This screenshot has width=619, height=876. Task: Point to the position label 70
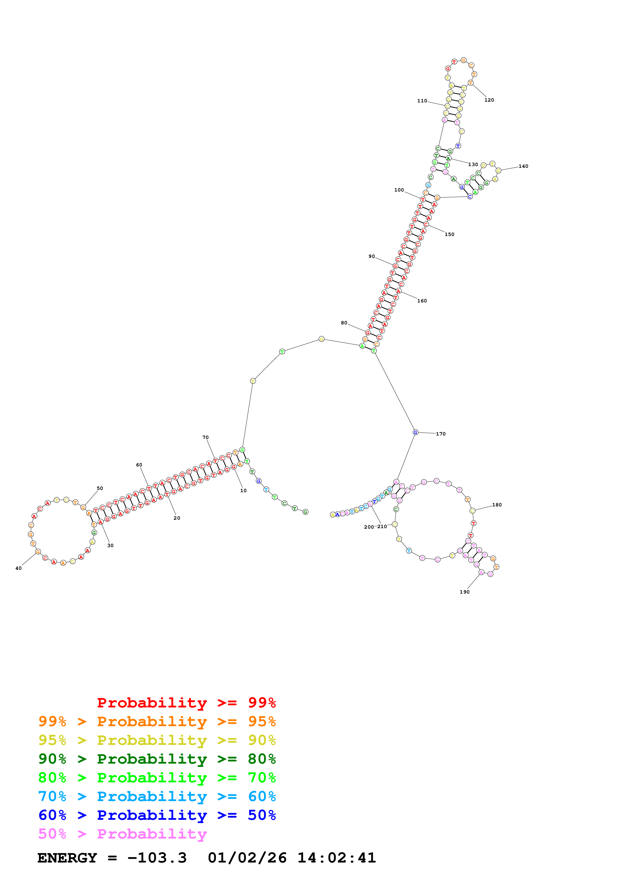tap(205, 438)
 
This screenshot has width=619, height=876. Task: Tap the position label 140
tap(523, 166)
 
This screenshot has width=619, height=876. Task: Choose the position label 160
tap(422, 301)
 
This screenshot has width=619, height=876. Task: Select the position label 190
tap(464, 592)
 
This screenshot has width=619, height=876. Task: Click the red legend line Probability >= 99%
tap(186, 702)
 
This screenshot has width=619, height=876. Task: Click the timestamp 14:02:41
tap(336, 858)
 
